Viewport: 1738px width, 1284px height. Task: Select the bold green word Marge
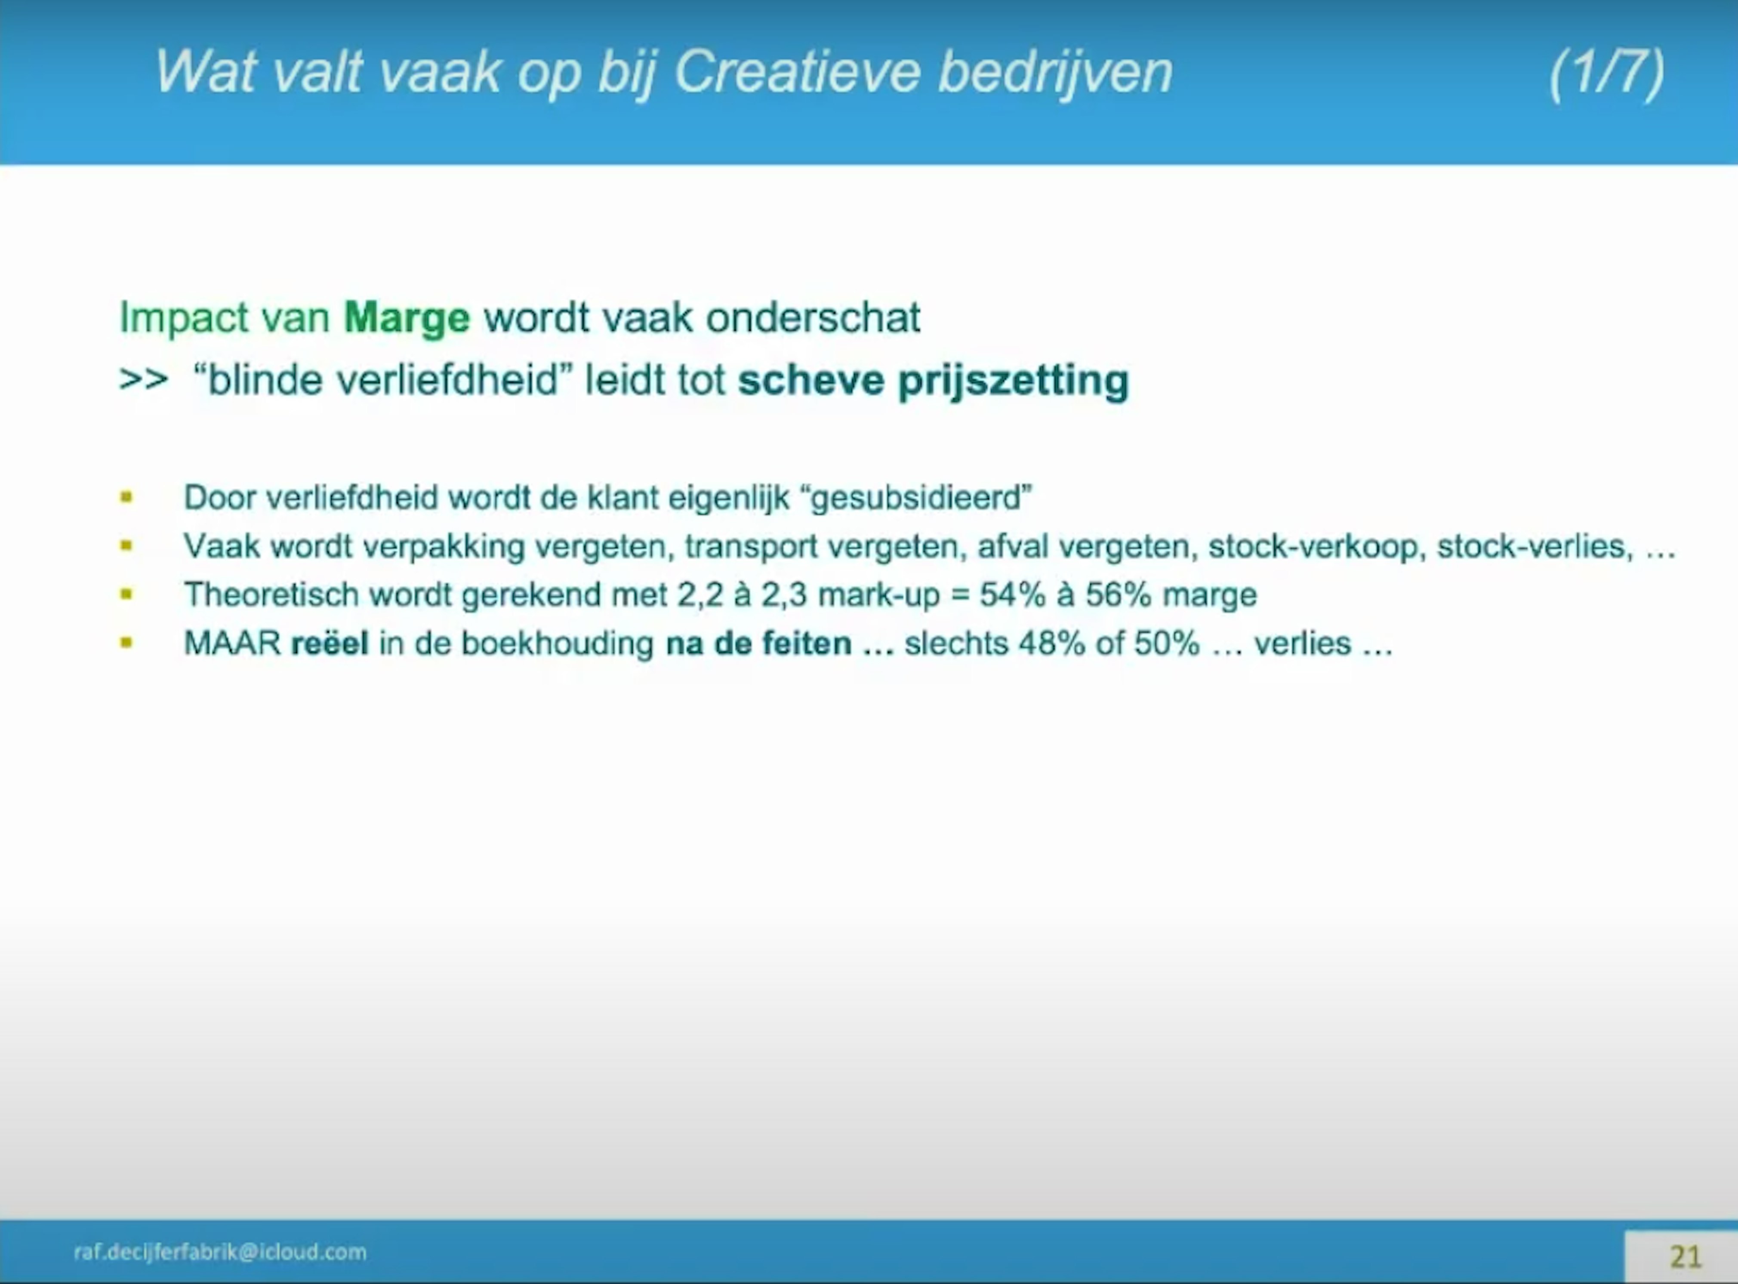pos(407,319)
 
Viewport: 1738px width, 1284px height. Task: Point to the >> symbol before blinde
pos(144,380)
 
